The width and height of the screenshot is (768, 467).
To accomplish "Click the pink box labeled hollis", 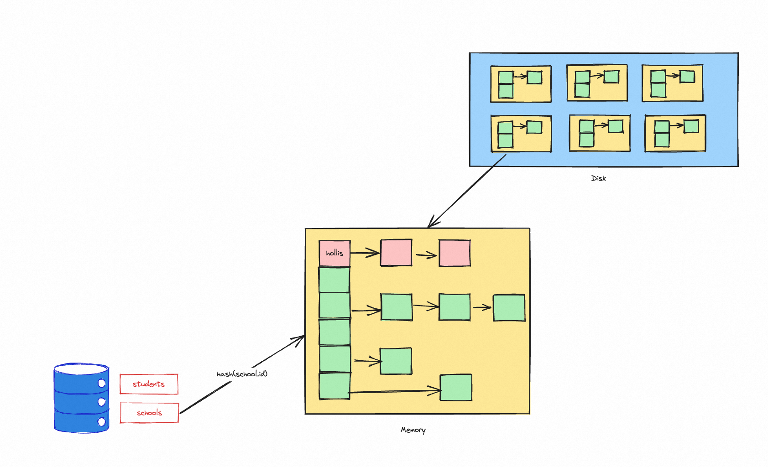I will tap(334, 253).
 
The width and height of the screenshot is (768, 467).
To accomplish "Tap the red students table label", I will tap(149, 384).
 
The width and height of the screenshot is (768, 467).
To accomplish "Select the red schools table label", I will tap(149, 413).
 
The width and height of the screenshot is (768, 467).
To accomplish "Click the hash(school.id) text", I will tap(242, 374).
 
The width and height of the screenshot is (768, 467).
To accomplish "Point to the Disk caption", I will tap(598, 178).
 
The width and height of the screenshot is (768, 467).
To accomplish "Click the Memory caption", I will tap(413, 430).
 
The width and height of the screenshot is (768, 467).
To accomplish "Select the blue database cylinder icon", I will tap(81, 398).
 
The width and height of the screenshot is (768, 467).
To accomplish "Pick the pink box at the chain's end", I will tap(455, 253).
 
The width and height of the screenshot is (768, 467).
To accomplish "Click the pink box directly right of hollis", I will tap(396, 253).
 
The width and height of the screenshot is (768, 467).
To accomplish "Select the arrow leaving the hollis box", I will tap(365, 253).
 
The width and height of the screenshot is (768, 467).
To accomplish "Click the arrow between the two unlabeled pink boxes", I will tap(426, 255).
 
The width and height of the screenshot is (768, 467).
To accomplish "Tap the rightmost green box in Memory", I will tap(509, 308).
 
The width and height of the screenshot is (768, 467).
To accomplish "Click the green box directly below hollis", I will tap(334, 280).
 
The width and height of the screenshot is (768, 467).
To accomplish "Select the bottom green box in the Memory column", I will tap(334, 386).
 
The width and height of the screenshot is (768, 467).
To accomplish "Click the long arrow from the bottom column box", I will tap(395, 391).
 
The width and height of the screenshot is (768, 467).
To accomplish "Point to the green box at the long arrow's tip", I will tap(456, 388).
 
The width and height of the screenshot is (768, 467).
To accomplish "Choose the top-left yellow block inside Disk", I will tap(521, 84).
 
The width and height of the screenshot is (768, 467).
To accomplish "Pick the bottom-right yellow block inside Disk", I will tap(675, 133).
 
